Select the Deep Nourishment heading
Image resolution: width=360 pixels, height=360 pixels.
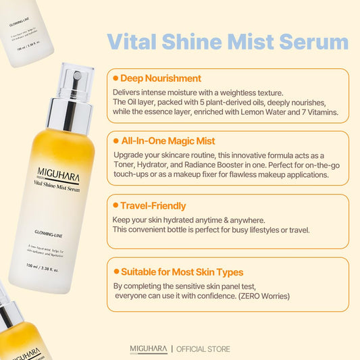pos(160,78)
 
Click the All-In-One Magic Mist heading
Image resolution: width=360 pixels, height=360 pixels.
pos(168,140)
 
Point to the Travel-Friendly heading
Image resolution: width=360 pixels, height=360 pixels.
pos(153,205)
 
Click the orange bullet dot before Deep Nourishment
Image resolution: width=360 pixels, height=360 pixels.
pos(115,78)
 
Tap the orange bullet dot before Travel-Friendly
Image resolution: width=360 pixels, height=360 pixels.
pos(115,205)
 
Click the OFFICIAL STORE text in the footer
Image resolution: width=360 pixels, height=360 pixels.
pos(203,349)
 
